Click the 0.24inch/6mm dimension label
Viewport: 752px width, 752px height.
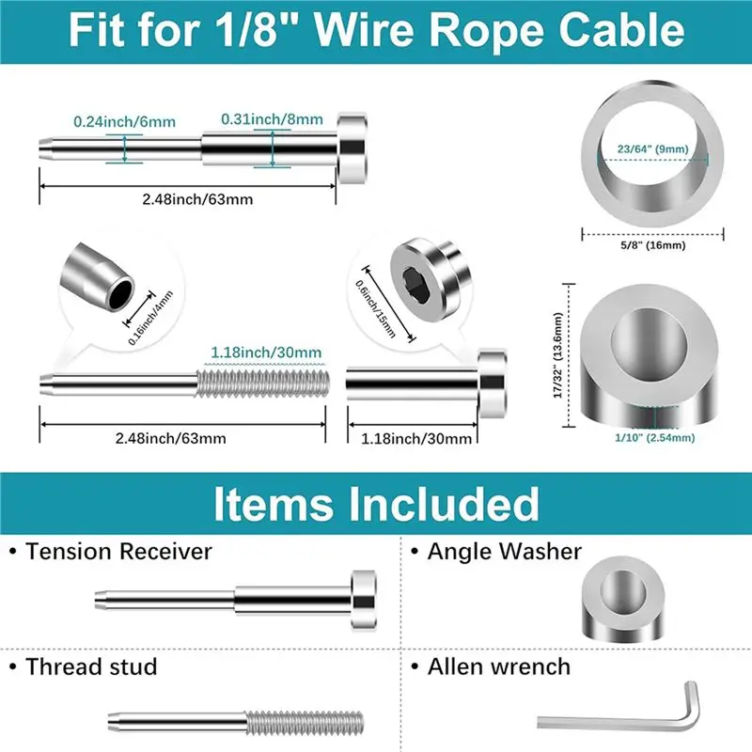pyautogui.click(x=125, y=122)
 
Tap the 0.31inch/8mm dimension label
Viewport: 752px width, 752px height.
pyautogui.click(x=272, y=119)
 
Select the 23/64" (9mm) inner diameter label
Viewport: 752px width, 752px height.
pyautogui.click(x=652, y=149)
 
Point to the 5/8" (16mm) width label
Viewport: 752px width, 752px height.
pyautogui.click(x=652, y=245)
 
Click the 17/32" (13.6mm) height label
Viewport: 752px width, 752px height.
pyautogui.click(x=557, y=355)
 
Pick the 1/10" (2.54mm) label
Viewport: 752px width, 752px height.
pyautogui.click(x=654, y=437)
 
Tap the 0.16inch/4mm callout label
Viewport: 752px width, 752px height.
pyautogui.click(x=150, y=319)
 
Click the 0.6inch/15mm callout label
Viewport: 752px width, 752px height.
pyautogui.click(x=375, y=309)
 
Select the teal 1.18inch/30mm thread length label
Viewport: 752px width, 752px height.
pyautogui.click(x=266, y=352)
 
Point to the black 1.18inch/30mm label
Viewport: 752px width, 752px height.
pyautogui.click(x=416, y=438)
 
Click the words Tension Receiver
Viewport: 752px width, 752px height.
pyautogui.click(x=118, y=552)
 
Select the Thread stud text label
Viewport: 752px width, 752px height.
pyautogui.click(x=91, y=666)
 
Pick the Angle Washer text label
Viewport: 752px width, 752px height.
pyautogui.click(x=505, y=552)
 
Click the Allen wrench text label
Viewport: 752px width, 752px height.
pyautogui.click(x=499, y=666)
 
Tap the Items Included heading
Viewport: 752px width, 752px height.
pyautogui.click(x=377, y=504)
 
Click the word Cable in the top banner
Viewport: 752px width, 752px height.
pyautogui.click(x=621, y=30)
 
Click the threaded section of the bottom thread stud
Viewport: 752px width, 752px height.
pyautogui.click(x=305, y=723)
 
